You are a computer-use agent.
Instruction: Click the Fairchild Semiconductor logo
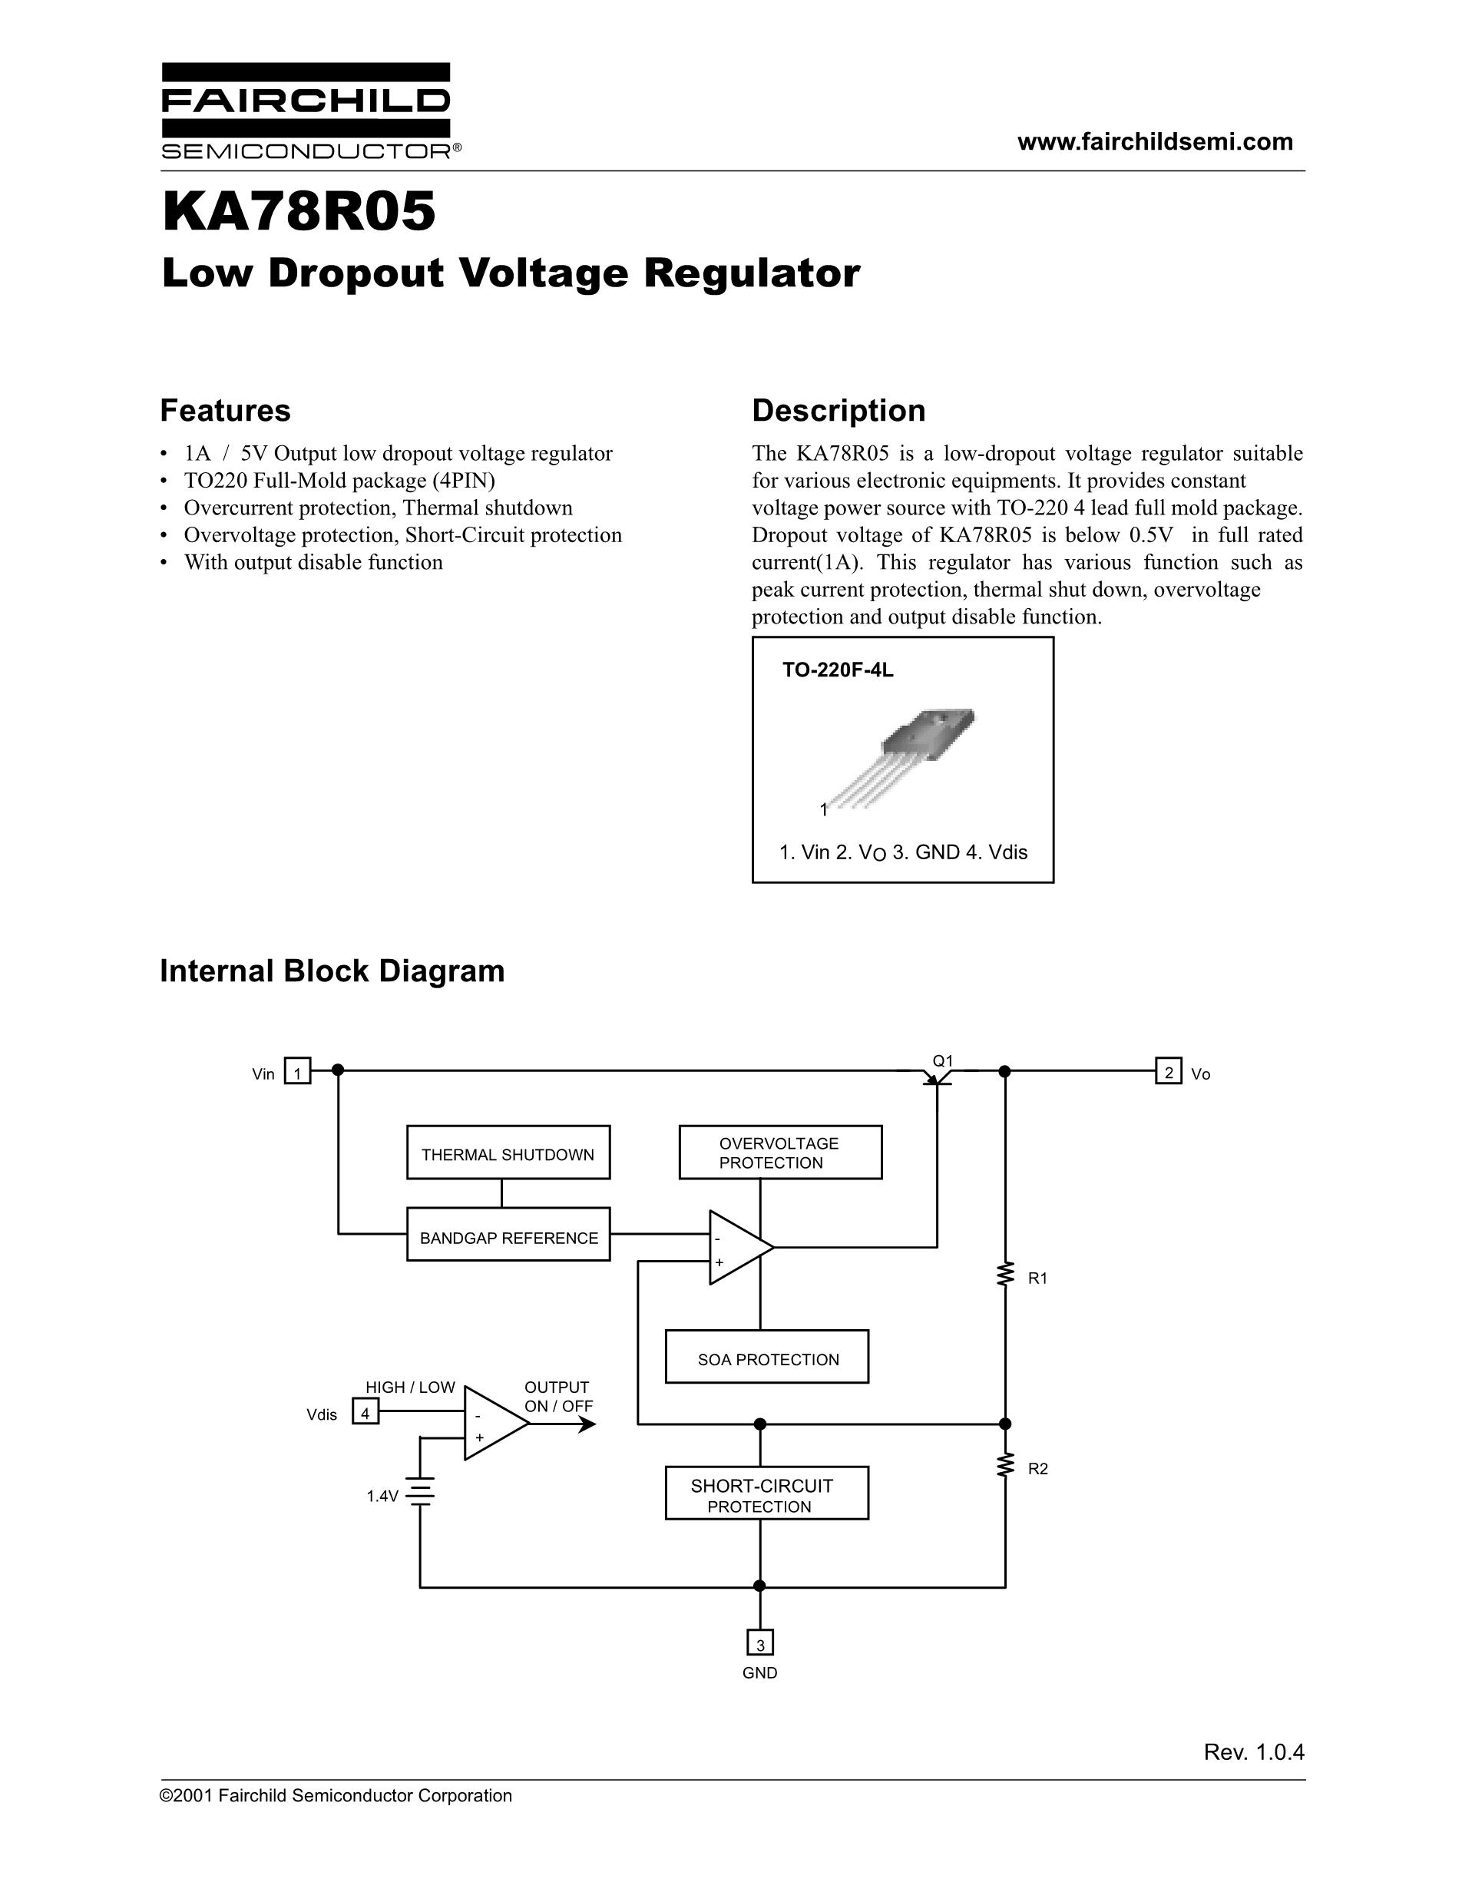click(306, 111)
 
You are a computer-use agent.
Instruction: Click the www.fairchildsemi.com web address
click(1155, 142)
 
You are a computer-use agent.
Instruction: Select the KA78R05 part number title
click(299, 213)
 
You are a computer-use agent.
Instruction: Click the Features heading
click(225, 410)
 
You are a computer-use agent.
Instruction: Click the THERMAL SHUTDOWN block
click(508, 1153)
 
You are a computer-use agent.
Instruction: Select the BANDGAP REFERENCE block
click(508, 1235)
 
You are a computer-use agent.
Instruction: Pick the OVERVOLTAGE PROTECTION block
click(779, 1153)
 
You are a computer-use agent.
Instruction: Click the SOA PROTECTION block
click(766, 1357)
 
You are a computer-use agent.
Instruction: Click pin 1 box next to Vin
click(298, 1072)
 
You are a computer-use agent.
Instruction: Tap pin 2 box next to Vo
click(1169, 1072)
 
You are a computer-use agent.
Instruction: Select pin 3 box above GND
click(759, 1643)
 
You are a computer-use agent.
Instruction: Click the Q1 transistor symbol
click(937, 1076)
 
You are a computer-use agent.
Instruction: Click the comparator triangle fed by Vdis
click(494, 1424)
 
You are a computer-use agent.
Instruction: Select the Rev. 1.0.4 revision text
click(1253, 1751)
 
